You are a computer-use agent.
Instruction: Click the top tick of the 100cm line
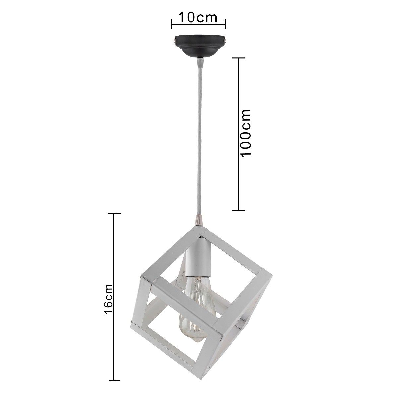point(239,58)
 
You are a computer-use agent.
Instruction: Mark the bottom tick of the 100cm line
point(239,210)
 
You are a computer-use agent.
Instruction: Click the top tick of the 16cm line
point(114,213)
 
